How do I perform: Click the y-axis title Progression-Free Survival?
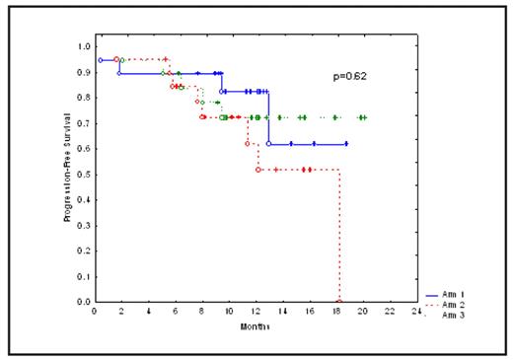[x=69, y=174]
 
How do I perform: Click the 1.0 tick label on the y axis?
[x=84, y=46]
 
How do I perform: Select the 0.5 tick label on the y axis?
[x=84, y=174]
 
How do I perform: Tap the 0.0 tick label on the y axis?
[x=84, y=302]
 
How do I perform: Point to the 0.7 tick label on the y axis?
[x=84, y=123]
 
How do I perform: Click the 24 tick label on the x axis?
[x=415, y=313]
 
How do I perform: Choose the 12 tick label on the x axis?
[x=256, y=313]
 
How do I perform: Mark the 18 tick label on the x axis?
[x=336, y=313]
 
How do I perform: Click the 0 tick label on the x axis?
[x=94, y=313]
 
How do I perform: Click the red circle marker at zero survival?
[x=339, y=301]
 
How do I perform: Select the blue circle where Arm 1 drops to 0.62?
[x=269, y=144]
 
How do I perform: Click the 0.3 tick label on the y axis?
[x=84, y=225]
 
